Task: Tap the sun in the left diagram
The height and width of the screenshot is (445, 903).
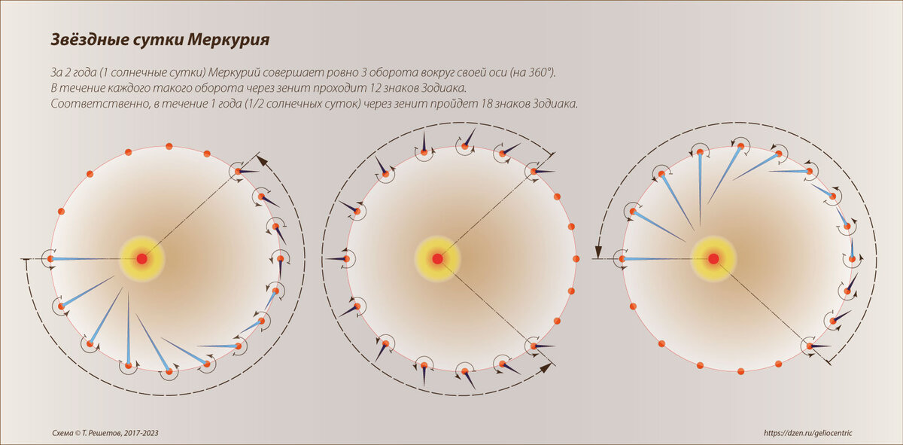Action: point(141,259)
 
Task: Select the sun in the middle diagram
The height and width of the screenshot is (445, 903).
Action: point(437,259)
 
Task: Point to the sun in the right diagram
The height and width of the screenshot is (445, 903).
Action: point(713,259)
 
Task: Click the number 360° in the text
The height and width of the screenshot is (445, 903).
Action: point(537,73)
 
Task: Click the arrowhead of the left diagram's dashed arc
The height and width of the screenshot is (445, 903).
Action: point(261,160)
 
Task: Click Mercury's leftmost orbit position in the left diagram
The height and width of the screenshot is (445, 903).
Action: point(50,259)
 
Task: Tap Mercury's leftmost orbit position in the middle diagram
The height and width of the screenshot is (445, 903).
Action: point(346,259)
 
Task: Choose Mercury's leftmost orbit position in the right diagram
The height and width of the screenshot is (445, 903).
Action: point(622,259)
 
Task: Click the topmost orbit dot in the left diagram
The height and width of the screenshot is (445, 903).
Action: point(169,146)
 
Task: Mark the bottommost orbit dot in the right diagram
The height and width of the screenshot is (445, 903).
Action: point(740,371)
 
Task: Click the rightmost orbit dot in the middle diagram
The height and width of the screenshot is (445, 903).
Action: point(576,259)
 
